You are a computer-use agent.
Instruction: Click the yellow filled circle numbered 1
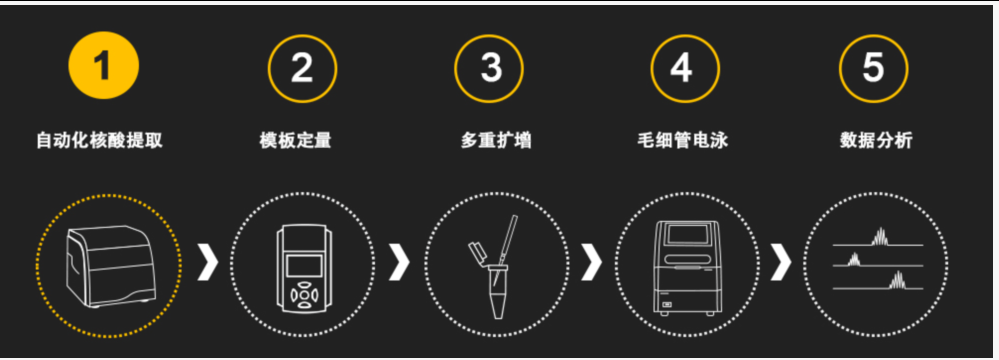(104, 65)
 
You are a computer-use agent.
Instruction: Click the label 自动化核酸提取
(99, 140)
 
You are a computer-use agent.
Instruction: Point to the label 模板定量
(296, 140)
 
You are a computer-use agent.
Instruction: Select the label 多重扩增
(496, 140)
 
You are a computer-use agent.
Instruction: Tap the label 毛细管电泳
(682, 140)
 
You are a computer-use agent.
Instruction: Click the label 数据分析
(876, 140)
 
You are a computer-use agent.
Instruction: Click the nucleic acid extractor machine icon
(111, 266)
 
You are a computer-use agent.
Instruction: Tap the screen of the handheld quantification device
(304, 265)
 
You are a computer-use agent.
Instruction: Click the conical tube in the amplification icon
(498, 292)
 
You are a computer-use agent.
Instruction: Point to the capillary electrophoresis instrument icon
(686, 267)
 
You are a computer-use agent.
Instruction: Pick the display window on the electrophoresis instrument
(687, 234)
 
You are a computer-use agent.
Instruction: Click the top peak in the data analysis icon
(880, 236)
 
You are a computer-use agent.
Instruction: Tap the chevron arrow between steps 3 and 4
(591, 262)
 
